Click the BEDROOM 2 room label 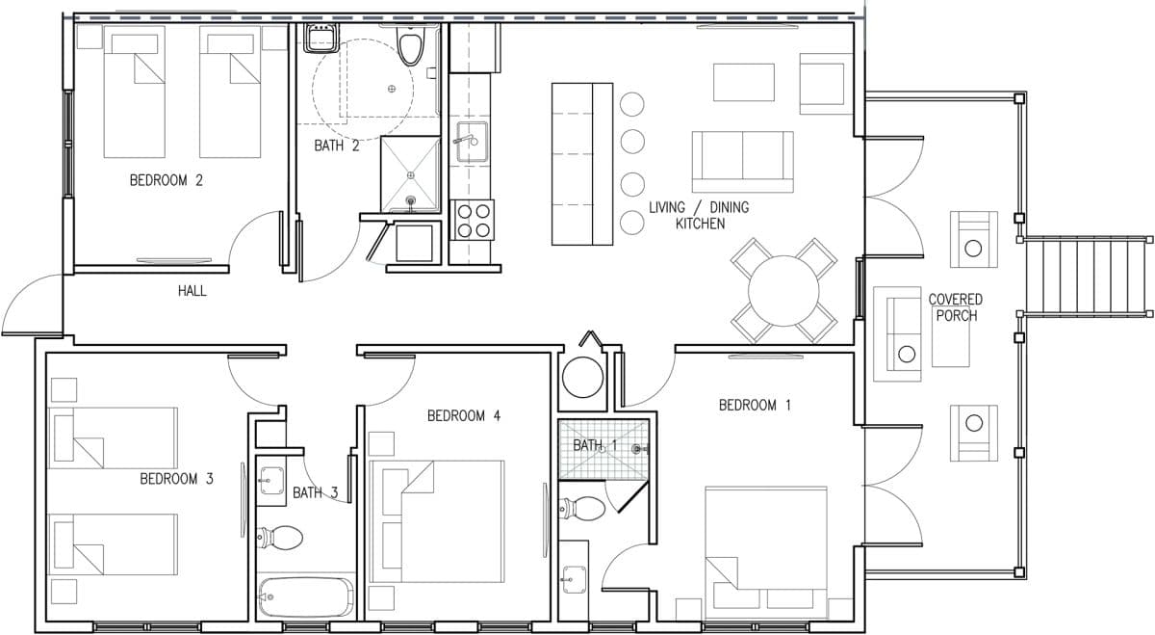[x=166, y=180]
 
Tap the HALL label [x=192, y=291]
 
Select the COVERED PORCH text [x=956, y=307]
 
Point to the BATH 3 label [x=315, y=493]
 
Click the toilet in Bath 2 [x=411, y=45]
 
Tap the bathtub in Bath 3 [x=306, y=596]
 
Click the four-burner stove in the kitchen [x=474, y=221]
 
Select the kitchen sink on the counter [x=472, y=142]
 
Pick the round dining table [x=783, y=291]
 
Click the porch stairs [x=1087, y=277]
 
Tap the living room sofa [x=742, y=162]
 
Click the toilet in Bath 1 [x=582, y=509]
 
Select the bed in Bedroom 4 [x=437, y=521]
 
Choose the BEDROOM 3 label [x=176, y=479]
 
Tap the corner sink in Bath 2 [x=321, y=38]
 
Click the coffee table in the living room [x=743, y=82]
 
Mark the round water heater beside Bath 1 [x=582, y=378]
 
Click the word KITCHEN [x=701, y=224]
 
